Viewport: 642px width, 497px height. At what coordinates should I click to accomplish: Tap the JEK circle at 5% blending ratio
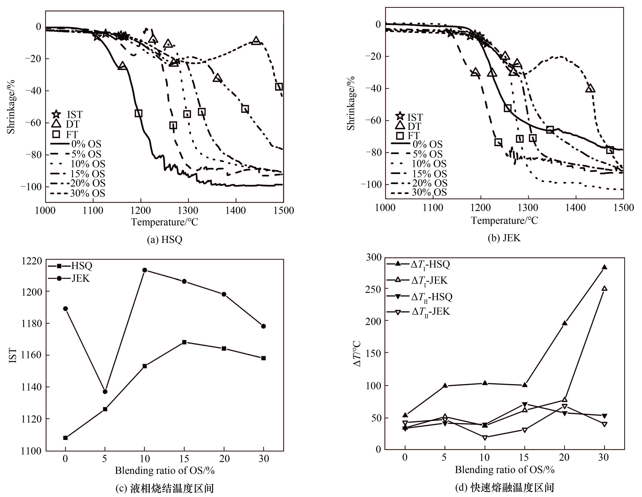point(105,391)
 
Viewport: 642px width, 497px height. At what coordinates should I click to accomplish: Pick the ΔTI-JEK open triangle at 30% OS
point(604,288)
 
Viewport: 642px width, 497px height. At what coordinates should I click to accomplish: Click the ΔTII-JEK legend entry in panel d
point(419,311)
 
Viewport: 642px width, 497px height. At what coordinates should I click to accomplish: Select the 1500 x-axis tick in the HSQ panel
point(283,211)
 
